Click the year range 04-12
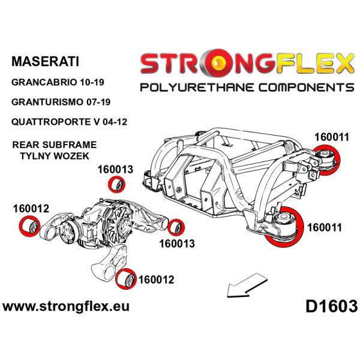115,122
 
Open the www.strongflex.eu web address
66,307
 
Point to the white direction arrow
246,284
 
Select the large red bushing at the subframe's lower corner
283,226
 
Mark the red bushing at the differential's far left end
28,228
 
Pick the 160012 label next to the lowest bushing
157,279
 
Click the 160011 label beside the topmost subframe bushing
331,136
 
